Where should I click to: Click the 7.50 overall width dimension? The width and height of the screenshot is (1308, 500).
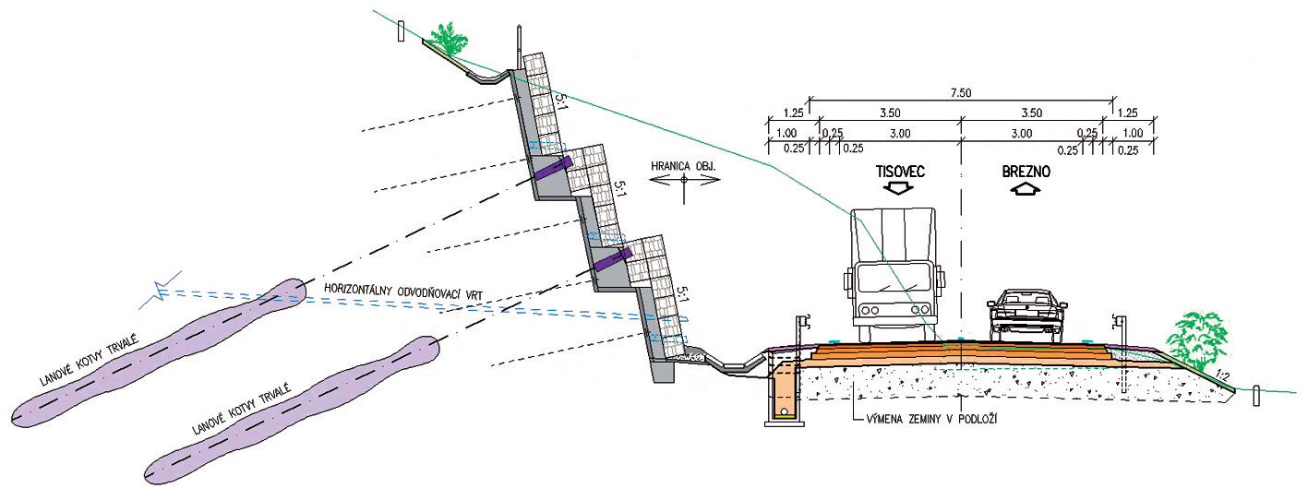[x=961, y=92]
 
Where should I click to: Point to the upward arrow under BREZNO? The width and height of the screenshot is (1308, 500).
[x=1023, y=190]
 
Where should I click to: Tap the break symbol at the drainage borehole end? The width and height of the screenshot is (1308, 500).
[x=164, y=292]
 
